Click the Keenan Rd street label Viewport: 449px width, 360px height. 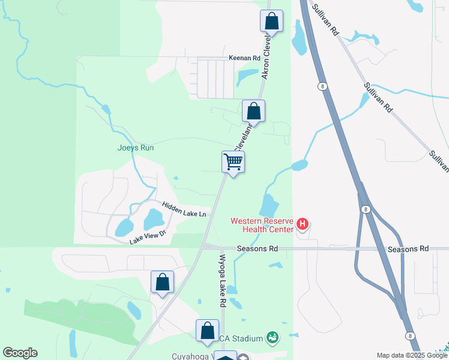pyautogui.click(x=244, y=58)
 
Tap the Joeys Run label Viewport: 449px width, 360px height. pyautogui.click(x=136, y=148)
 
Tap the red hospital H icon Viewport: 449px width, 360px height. pyautogui.click(x=303, y=225)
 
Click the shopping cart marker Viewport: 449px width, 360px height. pyautogui.click(x=233, y=161)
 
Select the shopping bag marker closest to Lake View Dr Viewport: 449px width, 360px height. pyautogui.click(x=162, y=282)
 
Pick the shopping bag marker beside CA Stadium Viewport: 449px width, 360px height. pyautogui.click(x=207, y=331)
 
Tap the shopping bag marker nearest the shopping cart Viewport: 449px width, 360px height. pyautogui.click(x=254, y=112)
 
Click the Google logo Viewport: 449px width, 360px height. pyautogui.click(x=20, y=353)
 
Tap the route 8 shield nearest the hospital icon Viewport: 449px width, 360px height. pyautogui.click(x=365, y=209)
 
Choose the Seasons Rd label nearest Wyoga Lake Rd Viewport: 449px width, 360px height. pyautogui.click(x=257, y=248)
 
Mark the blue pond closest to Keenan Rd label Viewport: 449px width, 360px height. pyautogui.click(x=246, y=76)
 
